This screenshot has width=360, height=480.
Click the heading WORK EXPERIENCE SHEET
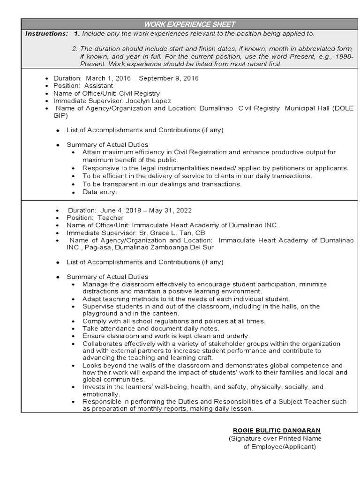point(190,24)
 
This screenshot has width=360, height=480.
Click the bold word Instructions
point(46,34)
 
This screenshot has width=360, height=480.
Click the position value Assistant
point(98,86)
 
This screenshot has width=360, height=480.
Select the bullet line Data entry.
point(100,192)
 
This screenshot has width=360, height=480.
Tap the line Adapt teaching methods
point(186,299)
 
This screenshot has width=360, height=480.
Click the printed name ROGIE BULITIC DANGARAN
point(277,430)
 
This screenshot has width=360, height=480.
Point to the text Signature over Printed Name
point(275,438)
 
